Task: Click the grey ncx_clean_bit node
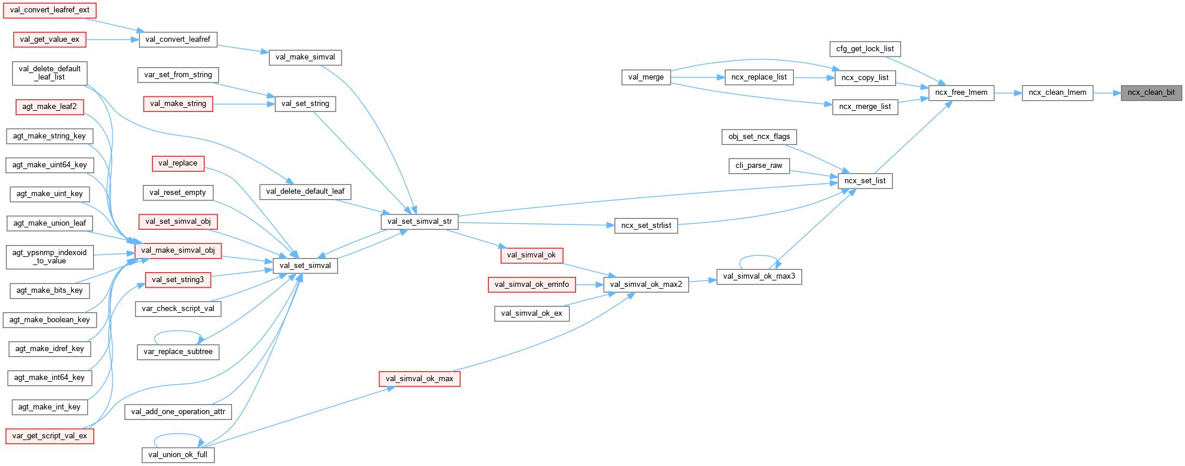[1151, 92]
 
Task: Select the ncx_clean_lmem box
[1057, 92]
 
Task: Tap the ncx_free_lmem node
[961, 92]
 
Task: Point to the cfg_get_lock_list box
[865, 49]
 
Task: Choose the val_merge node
[646, 77]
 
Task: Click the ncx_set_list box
[865, 181]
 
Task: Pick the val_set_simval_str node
[419, 222]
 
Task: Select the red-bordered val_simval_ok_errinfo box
[531, 285]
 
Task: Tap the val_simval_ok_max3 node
[759, 276]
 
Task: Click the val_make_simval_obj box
[178, 250]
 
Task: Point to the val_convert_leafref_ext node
[49, 10]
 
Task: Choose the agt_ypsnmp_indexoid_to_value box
[49, 257]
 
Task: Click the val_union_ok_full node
[178, 455]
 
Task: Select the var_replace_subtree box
[178, 352]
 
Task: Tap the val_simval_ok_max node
[419, 379]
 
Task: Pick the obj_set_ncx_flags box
[759, 137]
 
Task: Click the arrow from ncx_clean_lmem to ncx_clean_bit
[1107, 92]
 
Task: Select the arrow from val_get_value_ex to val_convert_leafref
[112, 39]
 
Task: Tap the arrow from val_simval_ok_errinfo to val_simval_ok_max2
[589, 285]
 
